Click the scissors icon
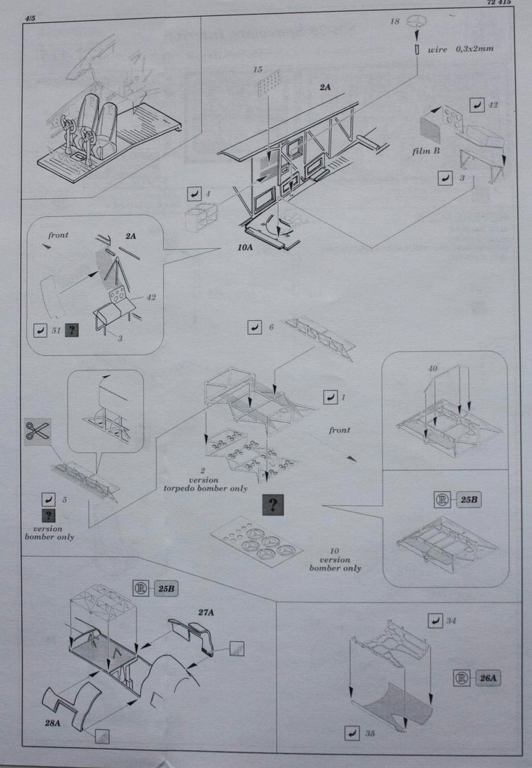click(36, 430)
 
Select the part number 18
click(395, 22)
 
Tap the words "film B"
click(425, 151)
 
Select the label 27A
click(206, 612)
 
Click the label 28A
click(53, 724)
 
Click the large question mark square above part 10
click(274, 506)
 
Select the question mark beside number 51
click(71, 329)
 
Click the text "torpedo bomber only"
click(205, 488)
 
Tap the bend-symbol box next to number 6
click(254, 326)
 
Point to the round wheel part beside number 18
click(416, 22)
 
